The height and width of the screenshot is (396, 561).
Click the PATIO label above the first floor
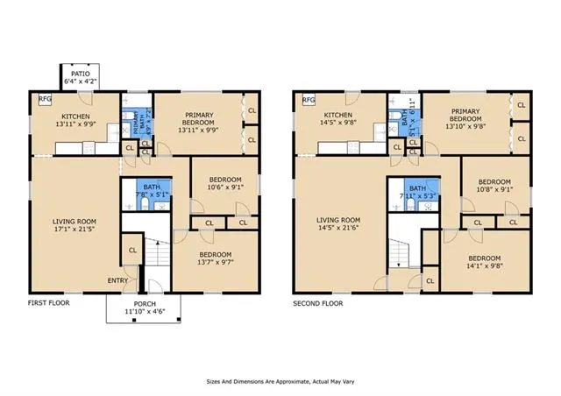(x=80, y=74)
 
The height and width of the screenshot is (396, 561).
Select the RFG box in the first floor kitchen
(x=45, y=99)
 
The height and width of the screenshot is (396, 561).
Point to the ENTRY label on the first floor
(x=117, y=280)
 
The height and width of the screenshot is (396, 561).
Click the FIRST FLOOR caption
(x=48, y=303)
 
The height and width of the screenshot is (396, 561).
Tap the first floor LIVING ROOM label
(x=75, y=221)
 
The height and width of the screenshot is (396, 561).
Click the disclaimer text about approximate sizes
(x=280, y=382)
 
